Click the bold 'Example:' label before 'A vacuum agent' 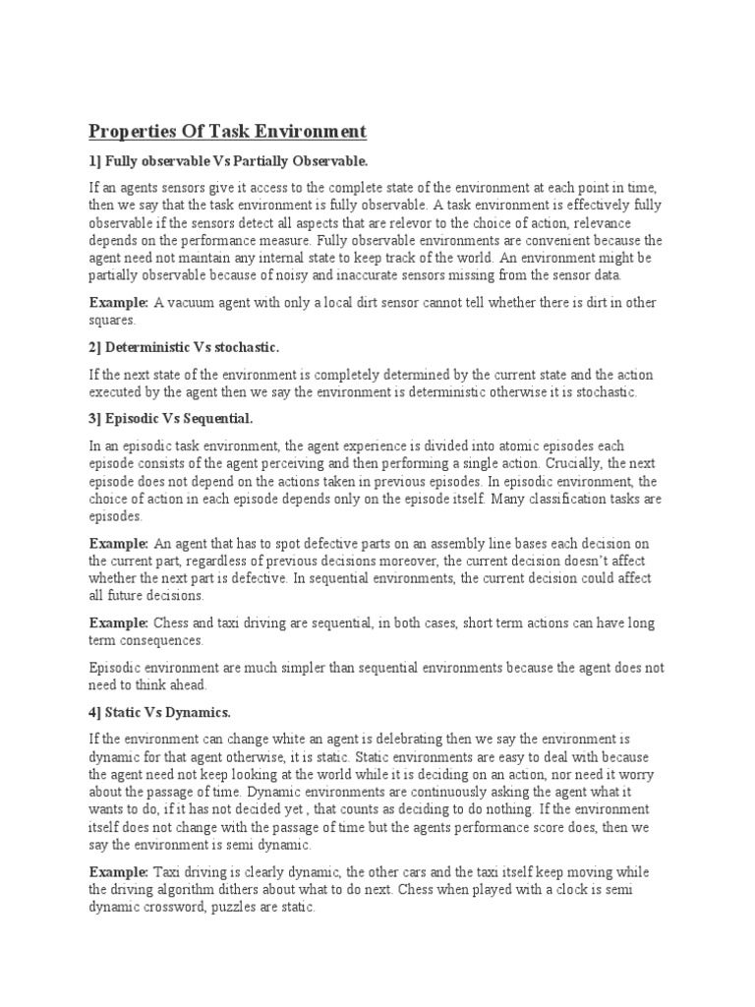(119, 303)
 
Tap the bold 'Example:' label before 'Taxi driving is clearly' (119, 873)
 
